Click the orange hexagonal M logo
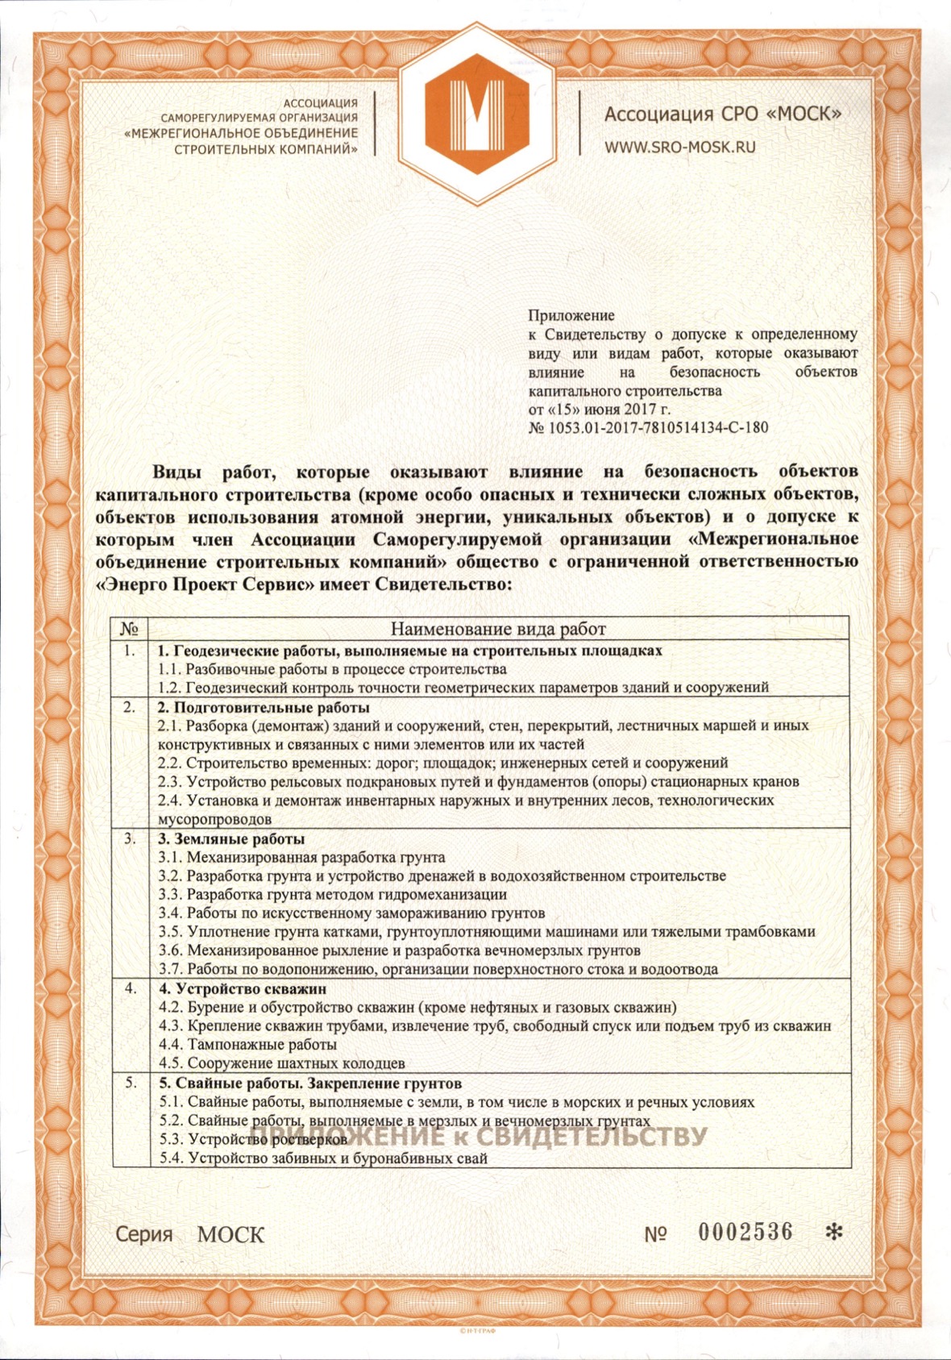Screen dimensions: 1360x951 pos(476,113)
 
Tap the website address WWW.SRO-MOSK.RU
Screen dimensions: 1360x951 pos(680,147)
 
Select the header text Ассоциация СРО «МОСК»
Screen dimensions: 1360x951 pos(722,114)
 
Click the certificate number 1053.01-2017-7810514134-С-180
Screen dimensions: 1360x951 pos(658,427)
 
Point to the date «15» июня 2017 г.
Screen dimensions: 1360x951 pos(613,409)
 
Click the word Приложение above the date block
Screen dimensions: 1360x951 pos(571,315)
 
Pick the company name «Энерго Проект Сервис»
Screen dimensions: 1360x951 pos(205,584)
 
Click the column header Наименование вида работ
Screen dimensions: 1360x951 pos(498,629)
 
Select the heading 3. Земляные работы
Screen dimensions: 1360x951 pos(230,838)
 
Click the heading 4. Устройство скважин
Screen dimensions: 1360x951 pos(242,988)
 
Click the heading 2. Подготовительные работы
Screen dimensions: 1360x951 pos(264,707)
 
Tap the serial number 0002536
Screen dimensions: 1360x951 pos(745,1232)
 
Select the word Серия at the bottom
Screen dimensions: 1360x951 pos(143,1234)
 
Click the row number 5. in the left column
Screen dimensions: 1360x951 pos(130,1083)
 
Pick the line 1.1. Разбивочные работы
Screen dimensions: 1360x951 pos(332,669)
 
